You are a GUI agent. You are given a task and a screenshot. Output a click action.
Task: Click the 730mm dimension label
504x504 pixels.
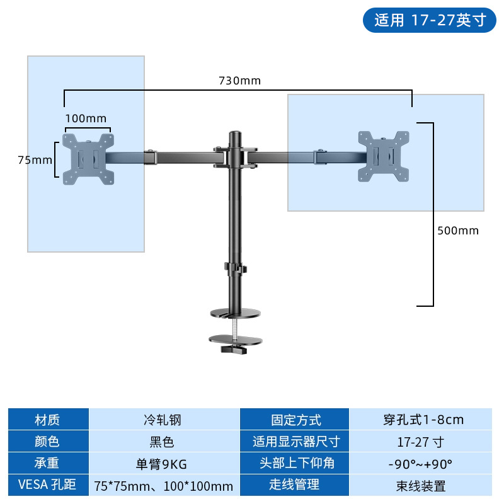239,81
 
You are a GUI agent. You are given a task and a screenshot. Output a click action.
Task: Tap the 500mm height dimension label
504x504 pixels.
458,231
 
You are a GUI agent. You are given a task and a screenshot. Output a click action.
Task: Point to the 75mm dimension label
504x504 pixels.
35,160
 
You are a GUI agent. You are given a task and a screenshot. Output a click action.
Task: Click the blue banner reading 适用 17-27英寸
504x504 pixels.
429,20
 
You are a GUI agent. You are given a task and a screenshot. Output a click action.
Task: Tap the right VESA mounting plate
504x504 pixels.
383,155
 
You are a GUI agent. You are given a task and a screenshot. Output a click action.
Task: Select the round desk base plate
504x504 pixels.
234,312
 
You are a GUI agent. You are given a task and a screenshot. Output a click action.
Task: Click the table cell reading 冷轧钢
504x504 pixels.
163,420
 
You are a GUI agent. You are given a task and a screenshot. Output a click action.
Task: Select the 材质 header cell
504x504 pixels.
48,420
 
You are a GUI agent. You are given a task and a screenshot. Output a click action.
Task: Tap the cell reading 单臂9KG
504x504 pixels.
163,464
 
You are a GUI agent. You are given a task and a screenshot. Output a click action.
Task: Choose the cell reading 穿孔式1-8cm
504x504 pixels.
421,420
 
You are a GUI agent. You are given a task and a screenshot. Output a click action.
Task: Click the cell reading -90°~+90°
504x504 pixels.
421,464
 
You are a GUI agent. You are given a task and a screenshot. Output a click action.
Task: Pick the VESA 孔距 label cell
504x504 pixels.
48,486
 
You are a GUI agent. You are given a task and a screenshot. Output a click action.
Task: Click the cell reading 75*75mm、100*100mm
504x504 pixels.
163,486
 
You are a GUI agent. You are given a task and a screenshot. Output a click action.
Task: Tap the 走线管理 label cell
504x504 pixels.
295,486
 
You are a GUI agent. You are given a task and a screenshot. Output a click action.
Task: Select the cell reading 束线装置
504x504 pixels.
421,486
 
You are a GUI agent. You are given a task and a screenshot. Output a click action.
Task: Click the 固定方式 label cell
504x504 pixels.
295,420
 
